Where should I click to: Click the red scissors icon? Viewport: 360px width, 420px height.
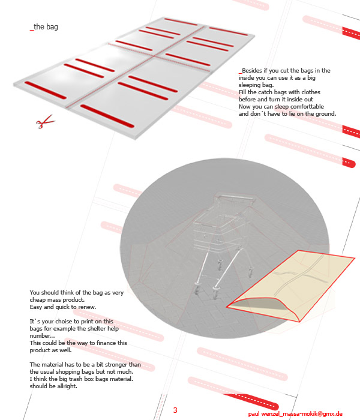coord(45,122)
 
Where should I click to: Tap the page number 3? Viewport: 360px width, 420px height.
coord(175,410)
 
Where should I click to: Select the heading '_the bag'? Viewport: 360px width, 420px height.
coord(44,27)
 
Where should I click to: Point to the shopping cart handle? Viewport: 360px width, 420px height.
coord(236,197)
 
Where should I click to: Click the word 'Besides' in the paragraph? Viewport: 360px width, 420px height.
coord(252,70)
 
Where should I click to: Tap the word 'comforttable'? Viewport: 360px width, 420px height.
coord(307,107)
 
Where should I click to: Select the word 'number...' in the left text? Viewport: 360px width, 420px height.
coord(42,336)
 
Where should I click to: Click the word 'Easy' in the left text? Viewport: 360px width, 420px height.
coord(36,307)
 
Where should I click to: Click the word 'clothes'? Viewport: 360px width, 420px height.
coord(311,92)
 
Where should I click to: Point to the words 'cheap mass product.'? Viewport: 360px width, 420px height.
coord(57,300)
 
